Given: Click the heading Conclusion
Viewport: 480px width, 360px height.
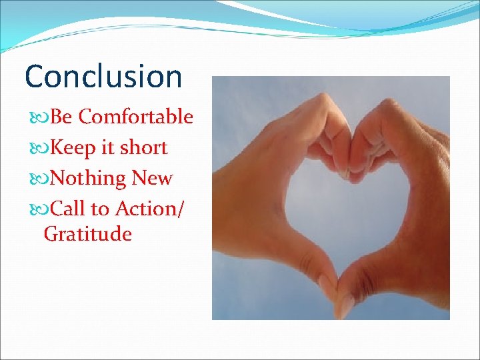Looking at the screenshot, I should [x=103, y=76].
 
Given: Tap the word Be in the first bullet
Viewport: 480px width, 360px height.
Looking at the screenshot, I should [x=61, y=117].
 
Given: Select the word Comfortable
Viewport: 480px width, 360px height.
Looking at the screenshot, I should [x=136, y=117].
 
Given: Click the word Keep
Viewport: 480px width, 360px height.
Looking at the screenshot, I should [x=73, y=148].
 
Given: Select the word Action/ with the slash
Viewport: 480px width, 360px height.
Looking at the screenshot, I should [x=151, y=209].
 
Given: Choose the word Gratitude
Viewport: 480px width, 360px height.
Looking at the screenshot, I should [x=88, y=235].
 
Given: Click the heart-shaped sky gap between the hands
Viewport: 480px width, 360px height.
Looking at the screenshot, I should [x=340, y=207].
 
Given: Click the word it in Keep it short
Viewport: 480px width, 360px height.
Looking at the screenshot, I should [x=108, y=148].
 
